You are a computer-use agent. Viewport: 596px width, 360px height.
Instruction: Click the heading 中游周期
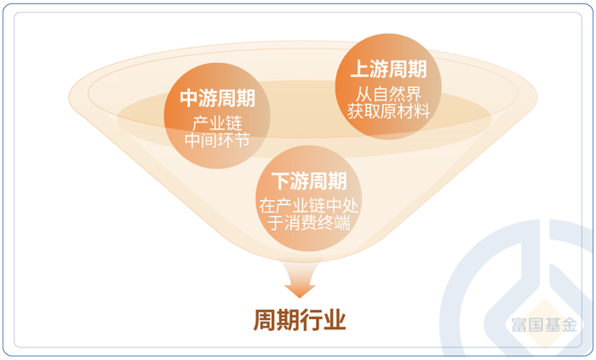[x=217, y=98]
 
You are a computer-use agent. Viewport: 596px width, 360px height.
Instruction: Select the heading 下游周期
[x=309, y=181]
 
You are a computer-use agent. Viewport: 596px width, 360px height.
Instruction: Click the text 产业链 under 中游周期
[x=217, y=122]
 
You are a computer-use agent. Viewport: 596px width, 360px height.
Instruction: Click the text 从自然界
[x=388, y=93]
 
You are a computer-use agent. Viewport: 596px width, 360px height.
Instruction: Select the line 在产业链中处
[x=309, y=205]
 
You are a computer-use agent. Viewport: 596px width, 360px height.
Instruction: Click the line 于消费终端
[x=309, y=223]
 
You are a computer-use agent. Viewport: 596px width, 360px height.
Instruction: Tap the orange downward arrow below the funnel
[x=300, y=282]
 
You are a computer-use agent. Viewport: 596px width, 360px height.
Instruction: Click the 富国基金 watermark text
[x=543, y=325]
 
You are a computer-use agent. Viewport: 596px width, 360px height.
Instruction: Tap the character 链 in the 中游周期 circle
[x=235, y=122]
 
